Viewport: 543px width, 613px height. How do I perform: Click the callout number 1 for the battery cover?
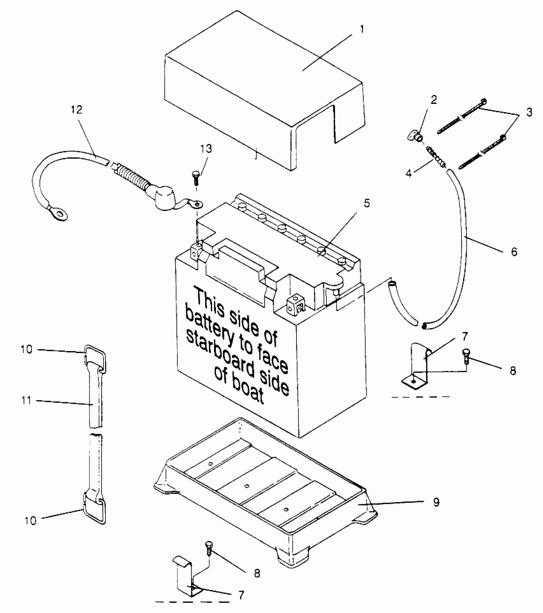[x=362, y=30]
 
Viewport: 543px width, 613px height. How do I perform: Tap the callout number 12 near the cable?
[x=76, y=110]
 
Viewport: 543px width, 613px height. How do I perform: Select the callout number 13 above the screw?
[x=206, y=149]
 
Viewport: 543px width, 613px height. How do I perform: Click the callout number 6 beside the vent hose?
[x=514, y=251]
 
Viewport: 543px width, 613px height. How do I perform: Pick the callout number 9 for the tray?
[x=436, y=502]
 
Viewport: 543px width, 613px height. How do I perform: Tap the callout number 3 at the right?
[x=529, y=112]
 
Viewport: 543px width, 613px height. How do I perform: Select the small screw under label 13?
[x=195, y=177]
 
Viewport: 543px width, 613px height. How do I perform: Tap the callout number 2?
[x=433, y=100]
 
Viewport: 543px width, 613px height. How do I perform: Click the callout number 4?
[x=409, y=174]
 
